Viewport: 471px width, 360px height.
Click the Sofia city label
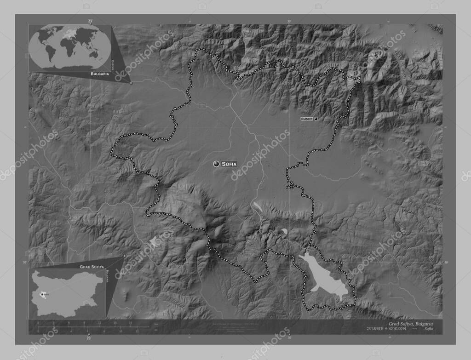pos(229,164)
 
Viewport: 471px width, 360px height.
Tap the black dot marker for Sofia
pos(216,164)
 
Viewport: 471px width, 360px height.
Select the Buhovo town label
pos(306,119)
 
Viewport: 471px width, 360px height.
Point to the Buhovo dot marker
pos(316,119)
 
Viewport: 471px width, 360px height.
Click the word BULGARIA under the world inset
pos(99,74)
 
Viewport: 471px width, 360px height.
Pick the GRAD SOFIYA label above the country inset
pos(90,267)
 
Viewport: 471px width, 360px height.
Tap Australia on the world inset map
pos(94,54)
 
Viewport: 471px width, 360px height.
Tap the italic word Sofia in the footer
pos(428,329)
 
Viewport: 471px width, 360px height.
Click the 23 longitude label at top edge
pos(90,21)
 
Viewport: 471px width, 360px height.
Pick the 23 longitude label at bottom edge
pos(89,338)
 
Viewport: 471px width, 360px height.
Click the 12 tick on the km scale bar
pos(100,323)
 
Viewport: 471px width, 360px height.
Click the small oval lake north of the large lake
pos(284,231)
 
